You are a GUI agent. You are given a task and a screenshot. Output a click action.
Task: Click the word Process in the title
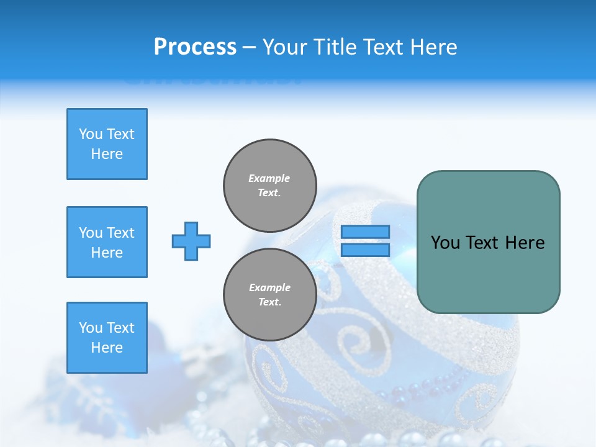pos(195,47)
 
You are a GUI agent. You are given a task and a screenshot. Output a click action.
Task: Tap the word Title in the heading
pos(333,47)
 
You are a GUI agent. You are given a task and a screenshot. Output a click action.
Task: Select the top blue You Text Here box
pos(107,144)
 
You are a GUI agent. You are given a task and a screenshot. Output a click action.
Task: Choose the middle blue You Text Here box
pos(107,242)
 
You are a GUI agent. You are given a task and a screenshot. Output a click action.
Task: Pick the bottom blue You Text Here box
pos(107,338)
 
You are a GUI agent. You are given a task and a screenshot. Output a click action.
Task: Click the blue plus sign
pos(191,241)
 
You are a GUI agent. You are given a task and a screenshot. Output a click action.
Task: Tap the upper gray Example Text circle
pos(269,186)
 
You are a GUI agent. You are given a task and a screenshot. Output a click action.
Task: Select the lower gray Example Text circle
pos(269,295)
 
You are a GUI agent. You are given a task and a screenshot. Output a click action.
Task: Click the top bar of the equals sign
pos(365,232)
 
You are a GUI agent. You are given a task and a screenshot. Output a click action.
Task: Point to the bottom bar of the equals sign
pos(365,250)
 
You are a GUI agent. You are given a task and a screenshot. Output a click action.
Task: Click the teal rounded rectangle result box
pos(488,273)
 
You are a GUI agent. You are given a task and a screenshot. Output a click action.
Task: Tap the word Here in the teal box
pos(525,243)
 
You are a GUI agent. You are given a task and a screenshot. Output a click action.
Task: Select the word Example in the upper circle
pos(269,178)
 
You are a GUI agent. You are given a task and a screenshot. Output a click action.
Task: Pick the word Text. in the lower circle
pos(269,302)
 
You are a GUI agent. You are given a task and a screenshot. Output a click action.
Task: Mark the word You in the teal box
pos(445,243)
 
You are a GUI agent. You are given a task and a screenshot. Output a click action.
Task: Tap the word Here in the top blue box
pos(107,154)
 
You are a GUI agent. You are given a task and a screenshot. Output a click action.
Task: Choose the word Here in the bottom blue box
pos(107,348)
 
